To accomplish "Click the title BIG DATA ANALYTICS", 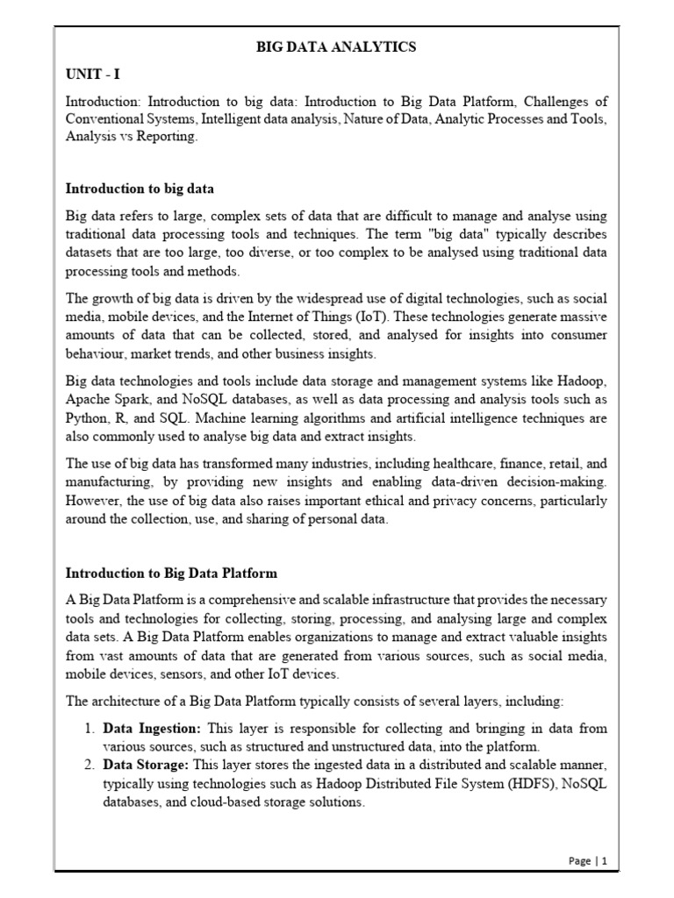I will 336,47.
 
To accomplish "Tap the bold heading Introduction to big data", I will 140,189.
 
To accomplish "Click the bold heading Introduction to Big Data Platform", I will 172,574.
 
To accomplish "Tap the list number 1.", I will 89,729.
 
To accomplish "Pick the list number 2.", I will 89,765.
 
